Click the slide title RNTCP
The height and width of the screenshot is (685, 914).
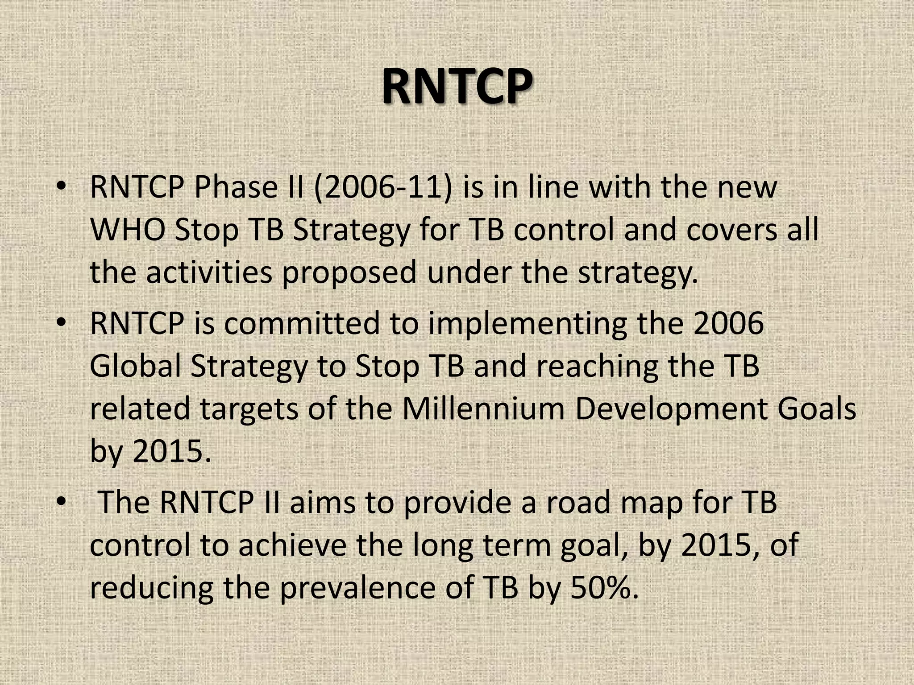pos(457,87)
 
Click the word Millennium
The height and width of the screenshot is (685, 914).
pos(483,409)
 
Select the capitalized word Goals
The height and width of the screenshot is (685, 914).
pos(817,409)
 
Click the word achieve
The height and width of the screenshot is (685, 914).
pos(292,545)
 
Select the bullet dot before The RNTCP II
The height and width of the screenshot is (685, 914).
pos(61,501)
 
